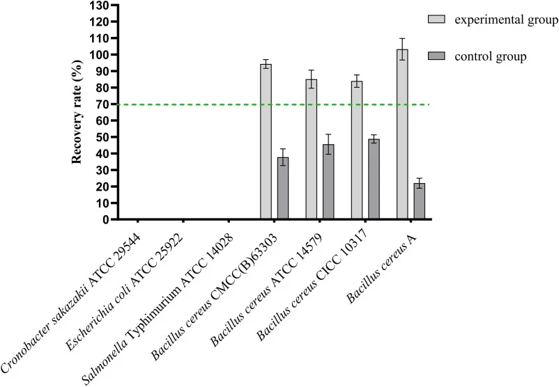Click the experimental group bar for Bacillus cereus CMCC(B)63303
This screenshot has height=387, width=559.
pos(266,141)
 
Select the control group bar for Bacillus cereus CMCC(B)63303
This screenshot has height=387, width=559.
pos(283,188)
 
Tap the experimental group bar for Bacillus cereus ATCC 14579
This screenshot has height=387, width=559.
pos(312,149)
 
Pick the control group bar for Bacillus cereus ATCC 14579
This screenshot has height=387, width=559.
pos(328,182)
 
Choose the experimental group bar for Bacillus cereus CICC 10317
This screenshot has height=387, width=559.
pos(357,150)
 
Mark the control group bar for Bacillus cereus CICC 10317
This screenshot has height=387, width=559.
pos(374,179)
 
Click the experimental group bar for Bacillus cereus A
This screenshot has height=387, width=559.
pos(402,134)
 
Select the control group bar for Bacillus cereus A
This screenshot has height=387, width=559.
pos(420,200)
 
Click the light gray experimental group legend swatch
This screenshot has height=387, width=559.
pos(436,19)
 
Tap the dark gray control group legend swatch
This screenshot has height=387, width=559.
pos(436,56)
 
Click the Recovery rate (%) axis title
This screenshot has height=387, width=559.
pos(77,111)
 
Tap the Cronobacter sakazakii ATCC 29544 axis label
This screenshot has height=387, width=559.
pos(70,302)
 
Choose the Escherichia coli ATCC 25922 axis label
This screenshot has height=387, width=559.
pos(125,292)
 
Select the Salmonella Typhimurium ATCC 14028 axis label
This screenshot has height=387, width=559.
pos(158,309)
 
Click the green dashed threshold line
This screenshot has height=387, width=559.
pos(274,104)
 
